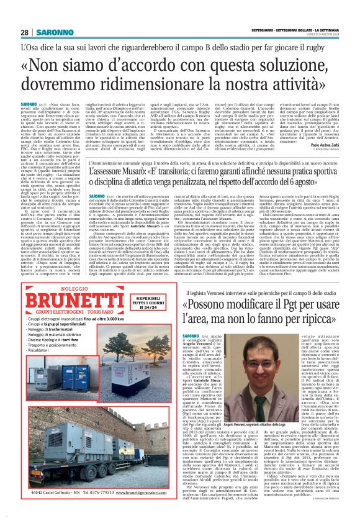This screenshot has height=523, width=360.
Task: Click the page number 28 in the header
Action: click(24, 32)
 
